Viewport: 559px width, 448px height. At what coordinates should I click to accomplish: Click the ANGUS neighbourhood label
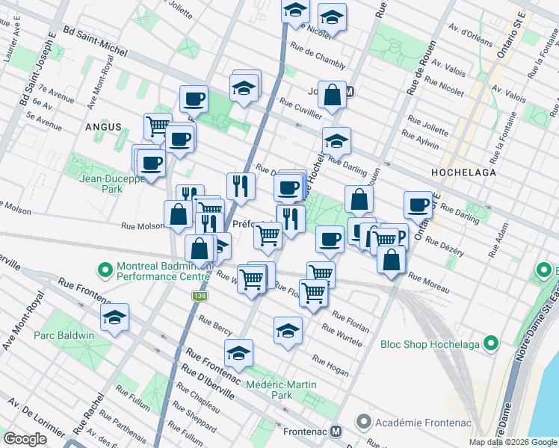click(102, 127)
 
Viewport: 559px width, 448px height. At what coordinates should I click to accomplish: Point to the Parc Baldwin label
click(64, 335)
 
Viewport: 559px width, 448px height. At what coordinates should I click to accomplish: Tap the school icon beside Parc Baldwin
click(115, 318)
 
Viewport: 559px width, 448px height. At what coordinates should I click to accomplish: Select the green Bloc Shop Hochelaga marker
click(490, 343)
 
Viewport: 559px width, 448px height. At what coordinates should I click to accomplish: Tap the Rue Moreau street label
click(428, 282)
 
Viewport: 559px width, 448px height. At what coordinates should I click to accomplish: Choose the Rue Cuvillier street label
click(300, 108)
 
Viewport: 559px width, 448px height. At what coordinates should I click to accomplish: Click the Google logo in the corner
click(25, 438)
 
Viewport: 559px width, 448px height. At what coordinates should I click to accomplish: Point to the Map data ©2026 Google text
click(512, 442)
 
